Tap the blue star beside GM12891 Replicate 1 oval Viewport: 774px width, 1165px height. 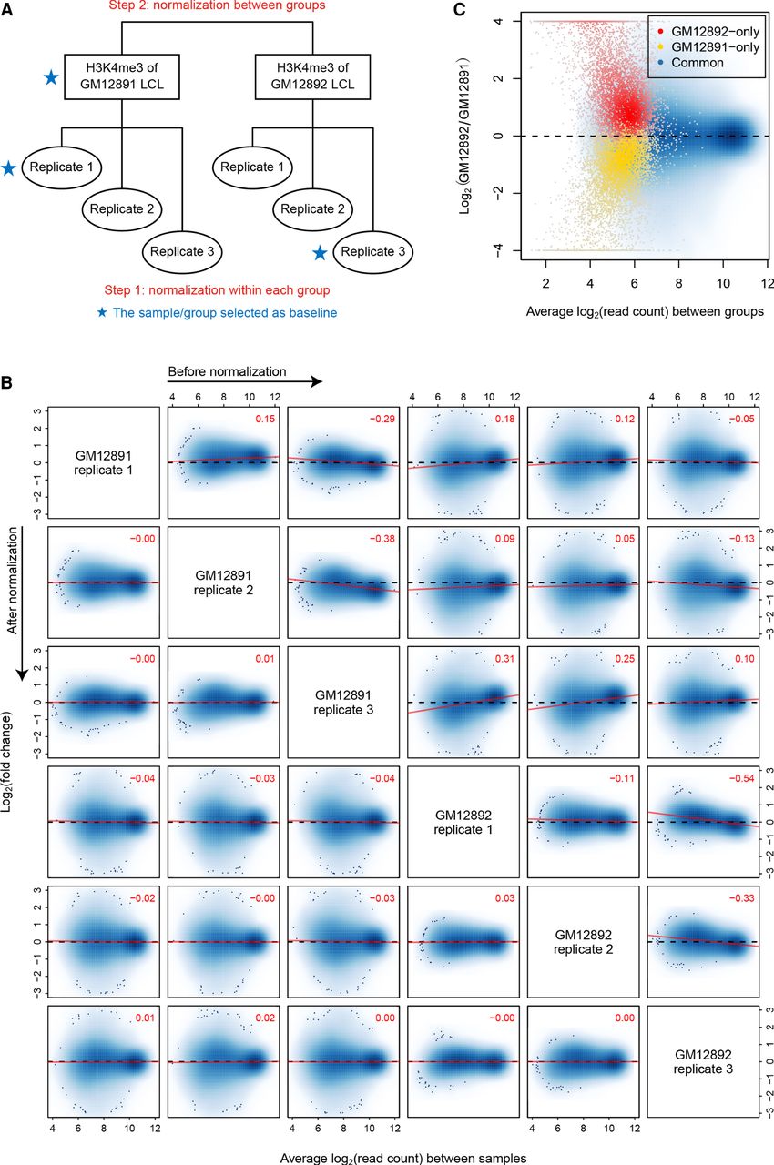tap(10, 168)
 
